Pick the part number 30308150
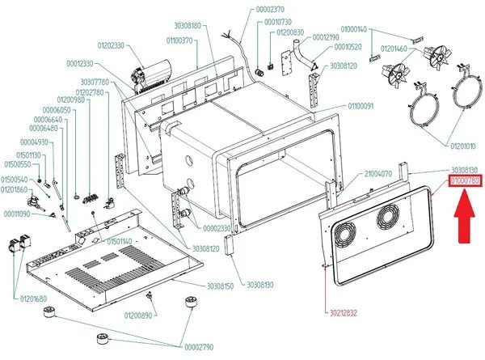click(x=220, y=286)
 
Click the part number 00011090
click(x=16, y=214)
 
